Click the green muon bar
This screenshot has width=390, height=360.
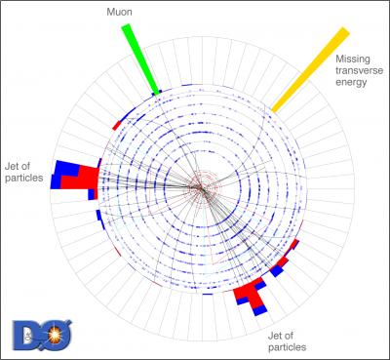pos(138,58)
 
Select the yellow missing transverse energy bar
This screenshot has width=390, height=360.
pos(311,67)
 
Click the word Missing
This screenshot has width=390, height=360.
pos(352,60)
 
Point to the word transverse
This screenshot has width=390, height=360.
pos(360,71)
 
